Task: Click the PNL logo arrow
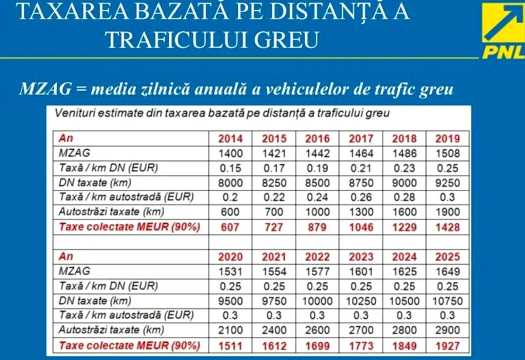pos(503,24)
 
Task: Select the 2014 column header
pos(231,138)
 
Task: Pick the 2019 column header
pos(447,138)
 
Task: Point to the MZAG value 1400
pos(231,153)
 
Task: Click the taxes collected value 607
pos(231,227)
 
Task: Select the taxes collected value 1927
pos(447,345)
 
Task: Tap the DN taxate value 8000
pos(231,183)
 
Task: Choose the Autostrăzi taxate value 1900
pos(447,212)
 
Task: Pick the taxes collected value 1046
pos(360,227)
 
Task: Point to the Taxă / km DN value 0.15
pos(231,168)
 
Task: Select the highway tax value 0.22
pos(274,197)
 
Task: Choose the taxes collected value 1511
pos(231,345)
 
